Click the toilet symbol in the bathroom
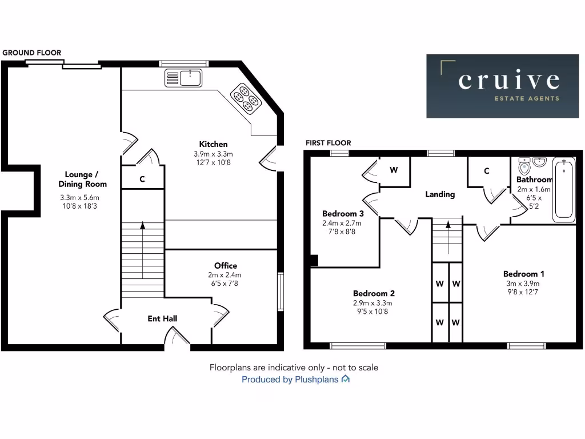coord(523,167)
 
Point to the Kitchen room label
coord(213,144)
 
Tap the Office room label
coord(225,265)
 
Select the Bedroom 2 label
coord(372,293)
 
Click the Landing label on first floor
coord(440,194)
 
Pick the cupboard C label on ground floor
coord(142,179)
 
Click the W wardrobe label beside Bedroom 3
coord(394,170)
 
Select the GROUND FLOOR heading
coord(31,53)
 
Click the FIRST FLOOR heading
coord(328,143)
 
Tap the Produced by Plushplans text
coord(290,380)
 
